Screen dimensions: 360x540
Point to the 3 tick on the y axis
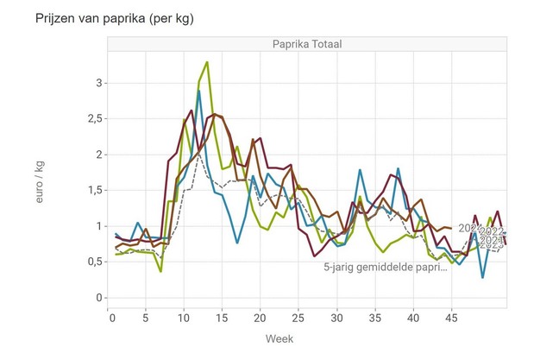pyautogui.click(x=98, y=83)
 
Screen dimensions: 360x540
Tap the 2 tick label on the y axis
pyautogui.click(x=98, y=155)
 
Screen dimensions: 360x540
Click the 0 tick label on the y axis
pyautogui.click(x=98, y=298)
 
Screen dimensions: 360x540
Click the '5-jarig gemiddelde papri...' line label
pyautogui.click(x=386, y=268)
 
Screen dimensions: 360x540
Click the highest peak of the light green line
pyautogui.click(x=207, y=62)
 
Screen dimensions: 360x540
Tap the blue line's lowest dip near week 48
pyautogui.click(x=482, y=277)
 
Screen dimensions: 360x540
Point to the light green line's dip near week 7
pyautogui.click(x=160, y=271)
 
